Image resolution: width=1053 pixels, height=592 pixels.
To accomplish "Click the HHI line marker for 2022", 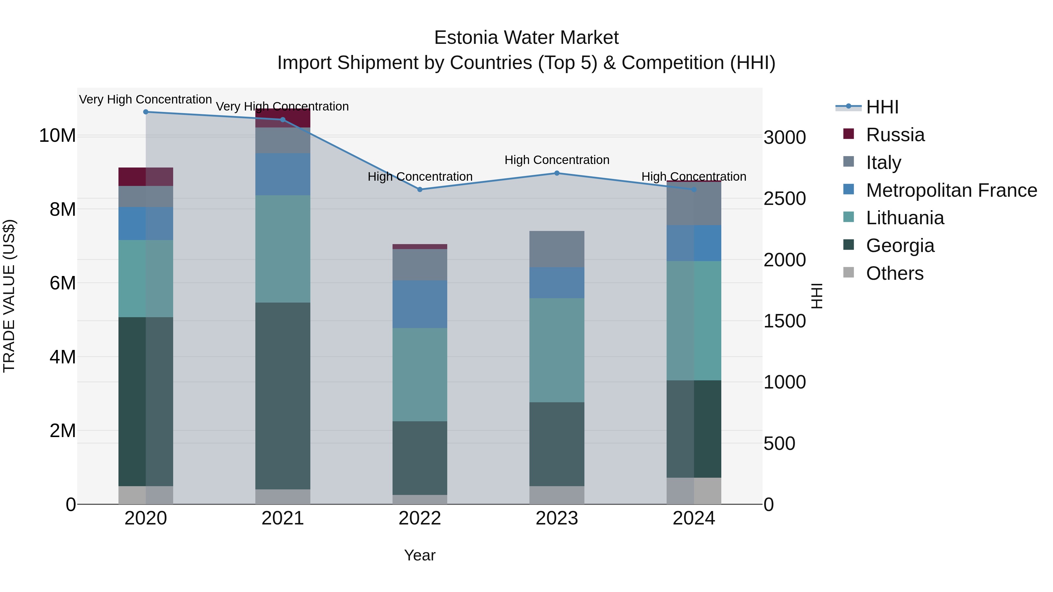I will pos(420,189).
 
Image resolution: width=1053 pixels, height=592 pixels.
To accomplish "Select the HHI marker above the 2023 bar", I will pos(557,173).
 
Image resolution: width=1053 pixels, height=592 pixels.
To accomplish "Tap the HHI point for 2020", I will pos(146,112).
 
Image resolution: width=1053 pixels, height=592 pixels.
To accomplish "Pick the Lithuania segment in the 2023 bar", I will pos(557,350).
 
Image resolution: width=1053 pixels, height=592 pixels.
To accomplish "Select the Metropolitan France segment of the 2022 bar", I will pos(420,304).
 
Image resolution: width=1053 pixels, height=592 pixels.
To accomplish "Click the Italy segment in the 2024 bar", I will pos(694,203).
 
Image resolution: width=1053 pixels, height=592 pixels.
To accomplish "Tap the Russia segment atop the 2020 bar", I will pos(146,177).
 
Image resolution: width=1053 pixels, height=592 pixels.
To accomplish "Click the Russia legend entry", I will pos(895,135).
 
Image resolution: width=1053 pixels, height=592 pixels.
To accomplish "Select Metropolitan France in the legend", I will pos(951,190).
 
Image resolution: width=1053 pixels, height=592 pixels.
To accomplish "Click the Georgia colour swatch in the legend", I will pos(849,245).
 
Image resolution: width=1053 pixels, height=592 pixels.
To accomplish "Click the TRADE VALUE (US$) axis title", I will pos(9,296).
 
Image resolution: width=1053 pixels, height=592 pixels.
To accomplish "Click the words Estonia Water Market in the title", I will pos(526,38).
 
